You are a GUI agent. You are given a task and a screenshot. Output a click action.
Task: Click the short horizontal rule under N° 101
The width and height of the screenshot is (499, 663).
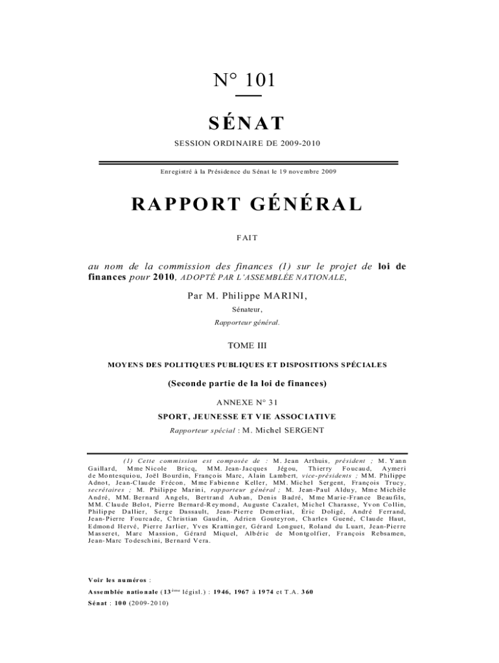[248, 96]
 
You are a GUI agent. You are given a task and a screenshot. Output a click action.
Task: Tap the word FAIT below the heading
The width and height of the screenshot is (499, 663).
[248, 238]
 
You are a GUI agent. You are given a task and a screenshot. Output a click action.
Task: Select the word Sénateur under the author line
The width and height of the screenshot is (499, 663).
[248, 309]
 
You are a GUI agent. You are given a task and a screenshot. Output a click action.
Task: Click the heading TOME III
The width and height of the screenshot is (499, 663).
[248, 347]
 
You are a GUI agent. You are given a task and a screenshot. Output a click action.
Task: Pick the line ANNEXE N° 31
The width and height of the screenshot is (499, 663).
[248, 402]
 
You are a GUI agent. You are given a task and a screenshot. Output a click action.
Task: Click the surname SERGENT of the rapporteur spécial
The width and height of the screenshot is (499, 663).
[302, 429]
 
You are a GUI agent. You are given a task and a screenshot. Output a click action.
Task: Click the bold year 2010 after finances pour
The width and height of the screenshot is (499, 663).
[164, 278]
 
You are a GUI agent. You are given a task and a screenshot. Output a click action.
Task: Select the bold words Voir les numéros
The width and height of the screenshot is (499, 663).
[117, 580]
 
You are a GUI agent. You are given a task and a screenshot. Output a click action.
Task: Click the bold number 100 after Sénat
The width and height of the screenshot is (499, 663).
[121, 603]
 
